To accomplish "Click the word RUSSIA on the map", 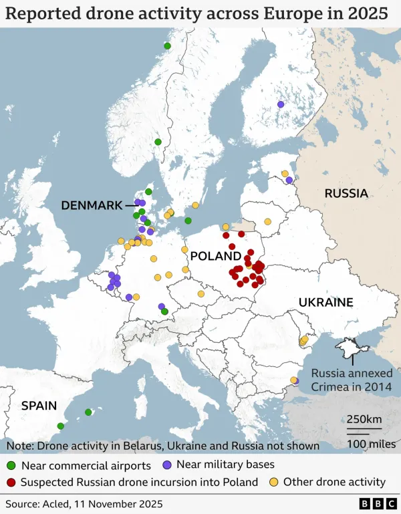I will click(346, 193).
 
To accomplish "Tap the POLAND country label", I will click(215, 256).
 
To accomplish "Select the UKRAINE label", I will click(325, 302).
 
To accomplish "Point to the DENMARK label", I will click(92, 205).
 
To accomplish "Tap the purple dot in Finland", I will click(281, 104).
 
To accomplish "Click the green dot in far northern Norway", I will click(167, 45).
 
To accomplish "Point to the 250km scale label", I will click(364, 419).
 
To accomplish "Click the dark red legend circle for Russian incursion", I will click(11, 482).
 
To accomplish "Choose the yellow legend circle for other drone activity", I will click(273, 482).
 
